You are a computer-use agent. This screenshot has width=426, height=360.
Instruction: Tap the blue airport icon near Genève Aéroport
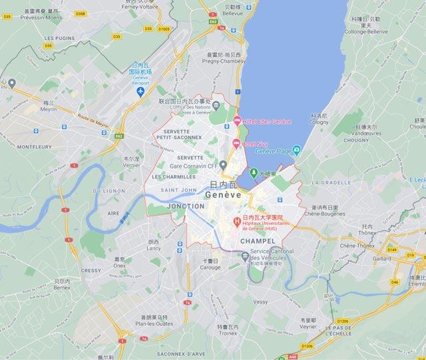click(x=140, y=91)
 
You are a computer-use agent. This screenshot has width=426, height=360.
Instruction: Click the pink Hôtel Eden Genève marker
click(x=237, y=120)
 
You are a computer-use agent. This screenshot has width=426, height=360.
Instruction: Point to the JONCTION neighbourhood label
click(x=187, y=206)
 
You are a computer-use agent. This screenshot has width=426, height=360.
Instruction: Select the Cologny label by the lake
click(x=319, y=122)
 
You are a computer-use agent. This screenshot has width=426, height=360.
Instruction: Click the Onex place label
click(x=120, y=265)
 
